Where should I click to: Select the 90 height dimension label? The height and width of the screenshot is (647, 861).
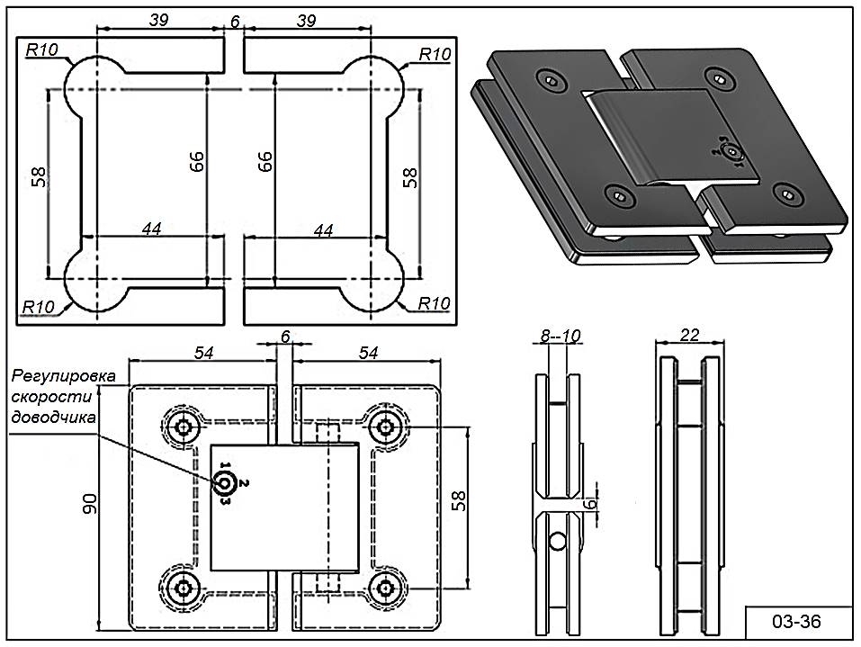click(91, 508)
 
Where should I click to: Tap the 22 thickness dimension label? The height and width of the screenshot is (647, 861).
click(690, 335)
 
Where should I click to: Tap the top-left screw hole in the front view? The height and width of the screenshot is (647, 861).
click(185, 427)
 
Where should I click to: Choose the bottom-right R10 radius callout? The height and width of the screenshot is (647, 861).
click(434, 303)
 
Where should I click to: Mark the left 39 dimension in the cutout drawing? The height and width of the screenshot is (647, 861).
click(160, 20)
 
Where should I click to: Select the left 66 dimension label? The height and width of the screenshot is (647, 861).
click(197, 161)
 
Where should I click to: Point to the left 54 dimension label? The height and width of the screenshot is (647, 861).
click(203, 352)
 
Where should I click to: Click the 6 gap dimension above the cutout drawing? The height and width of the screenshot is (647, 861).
click(234, 20)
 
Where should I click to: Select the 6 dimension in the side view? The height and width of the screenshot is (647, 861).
click(591, 506)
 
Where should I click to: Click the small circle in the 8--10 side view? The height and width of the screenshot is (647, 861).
click(559, 542)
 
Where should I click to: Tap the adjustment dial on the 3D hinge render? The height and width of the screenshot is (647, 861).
click(731, 153)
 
